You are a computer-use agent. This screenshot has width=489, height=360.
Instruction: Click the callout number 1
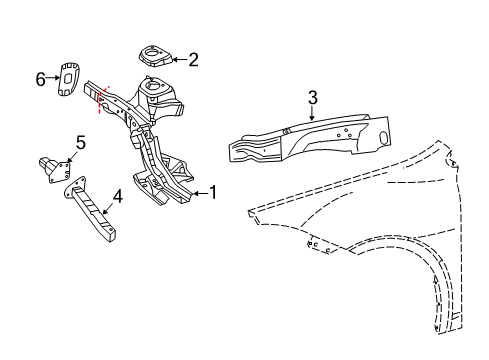click(x=213, y=193)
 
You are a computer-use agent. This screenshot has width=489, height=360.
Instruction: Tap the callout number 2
click(x=193, y=60)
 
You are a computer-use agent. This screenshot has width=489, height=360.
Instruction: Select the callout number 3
click(x=312, y=97)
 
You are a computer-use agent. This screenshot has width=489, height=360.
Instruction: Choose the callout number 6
click(x=41, y=79)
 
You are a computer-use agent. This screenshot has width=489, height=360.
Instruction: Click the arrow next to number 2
click(x=177, y=60)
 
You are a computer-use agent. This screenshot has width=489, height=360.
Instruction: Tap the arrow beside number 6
click(x=54, y=79)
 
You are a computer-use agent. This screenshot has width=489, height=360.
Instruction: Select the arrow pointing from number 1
click(x=198, y=193)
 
